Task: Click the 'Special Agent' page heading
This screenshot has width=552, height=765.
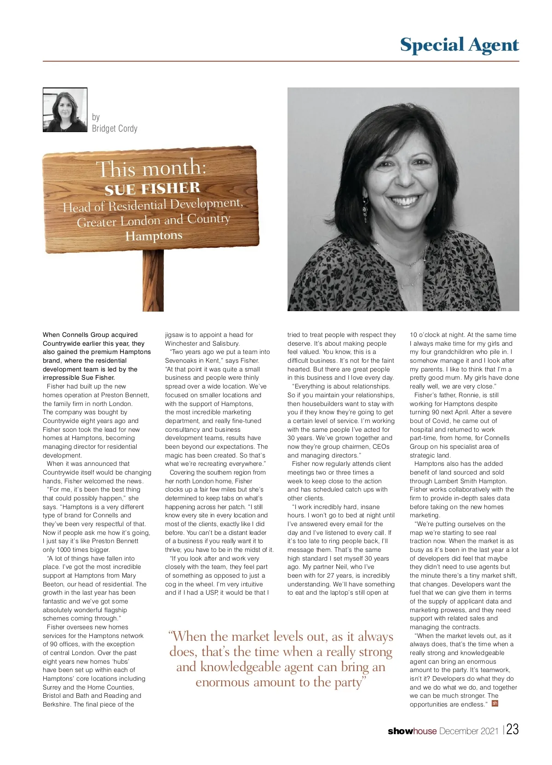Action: coord(459,45)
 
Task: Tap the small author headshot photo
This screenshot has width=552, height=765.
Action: coord(65,110)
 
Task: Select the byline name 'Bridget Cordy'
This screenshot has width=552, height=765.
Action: coord(115,128)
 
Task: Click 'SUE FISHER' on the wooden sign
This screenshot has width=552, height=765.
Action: coord(152,189)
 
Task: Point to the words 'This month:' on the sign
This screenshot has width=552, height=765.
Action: coord(151,168)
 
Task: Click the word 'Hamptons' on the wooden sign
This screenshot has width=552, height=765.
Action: coord(154,236)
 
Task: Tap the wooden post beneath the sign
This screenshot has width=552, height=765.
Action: coord(153,281)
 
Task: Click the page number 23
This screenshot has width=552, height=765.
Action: coord(512,730)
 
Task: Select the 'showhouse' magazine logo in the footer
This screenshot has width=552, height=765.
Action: coord(412,731)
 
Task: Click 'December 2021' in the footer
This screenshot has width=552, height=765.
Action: coord(469,731)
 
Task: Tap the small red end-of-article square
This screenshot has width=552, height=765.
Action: coord(495,703)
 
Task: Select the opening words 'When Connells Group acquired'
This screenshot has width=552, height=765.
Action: coord(90,335)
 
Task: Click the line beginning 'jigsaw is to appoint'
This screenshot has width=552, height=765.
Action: coord(209,335)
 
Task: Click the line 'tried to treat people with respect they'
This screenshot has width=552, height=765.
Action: coord(341,335)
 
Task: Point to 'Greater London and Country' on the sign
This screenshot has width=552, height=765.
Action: coord(154,220)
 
